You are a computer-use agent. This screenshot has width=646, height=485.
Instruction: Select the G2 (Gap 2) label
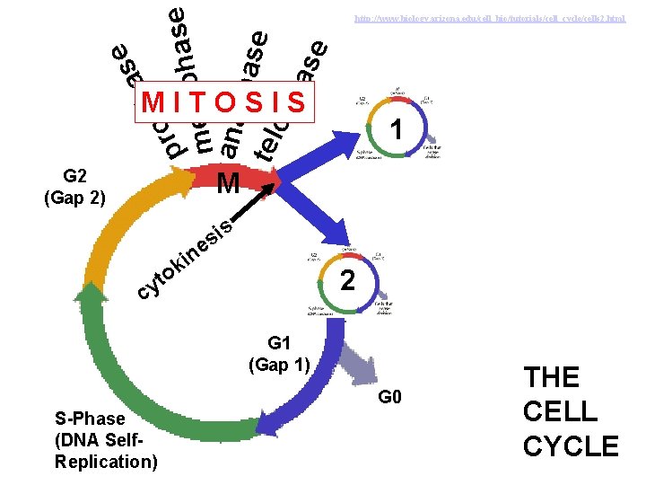coord(74,187)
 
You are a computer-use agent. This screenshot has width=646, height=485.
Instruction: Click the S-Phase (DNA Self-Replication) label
coord(105,441)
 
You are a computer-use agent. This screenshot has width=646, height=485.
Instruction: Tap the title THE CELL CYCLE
coord(571,411)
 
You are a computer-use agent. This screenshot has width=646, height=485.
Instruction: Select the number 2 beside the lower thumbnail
coord(350,282)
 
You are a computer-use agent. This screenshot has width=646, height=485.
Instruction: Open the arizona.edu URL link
coord(490,18)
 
